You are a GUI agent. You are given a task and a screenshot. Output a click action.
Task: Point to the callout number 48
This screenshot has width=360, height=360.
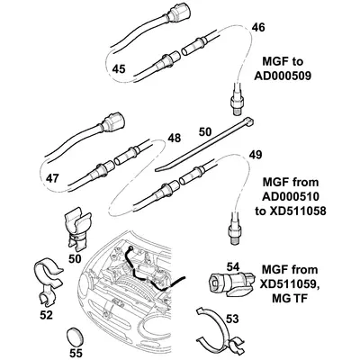tap(175, 139)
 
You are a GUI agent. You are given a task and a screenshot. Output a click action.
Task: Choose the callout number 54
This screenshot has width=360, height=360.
tap(233, 267)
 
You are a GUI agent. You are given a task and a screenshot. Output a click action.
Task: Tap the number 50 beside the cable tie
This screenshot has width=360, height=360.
tap(206, 131)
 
